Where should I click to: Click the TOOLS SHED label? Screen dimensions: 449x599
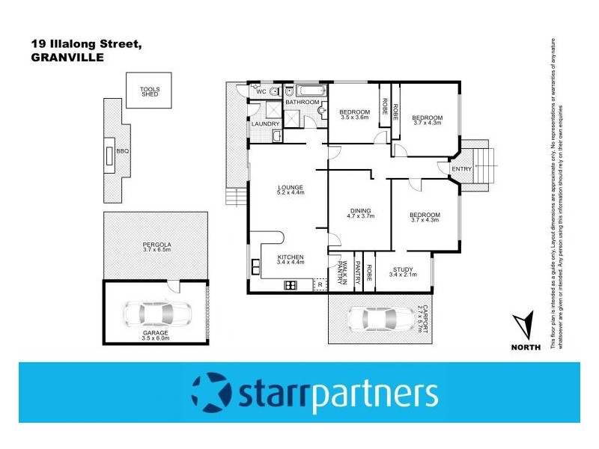point(150,92)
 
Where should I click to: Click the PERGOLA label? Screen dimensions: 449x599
point(157,245)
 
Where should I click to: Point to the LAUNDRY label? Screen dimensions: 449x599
point(266,124)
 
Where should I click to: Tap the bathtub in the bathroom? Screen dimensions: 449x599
point(308,91)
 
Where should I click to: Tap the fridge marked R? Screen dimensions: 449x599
point(320,284)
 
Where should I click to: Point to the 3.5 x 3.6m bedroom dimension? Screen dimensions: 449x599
point(355,117)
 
